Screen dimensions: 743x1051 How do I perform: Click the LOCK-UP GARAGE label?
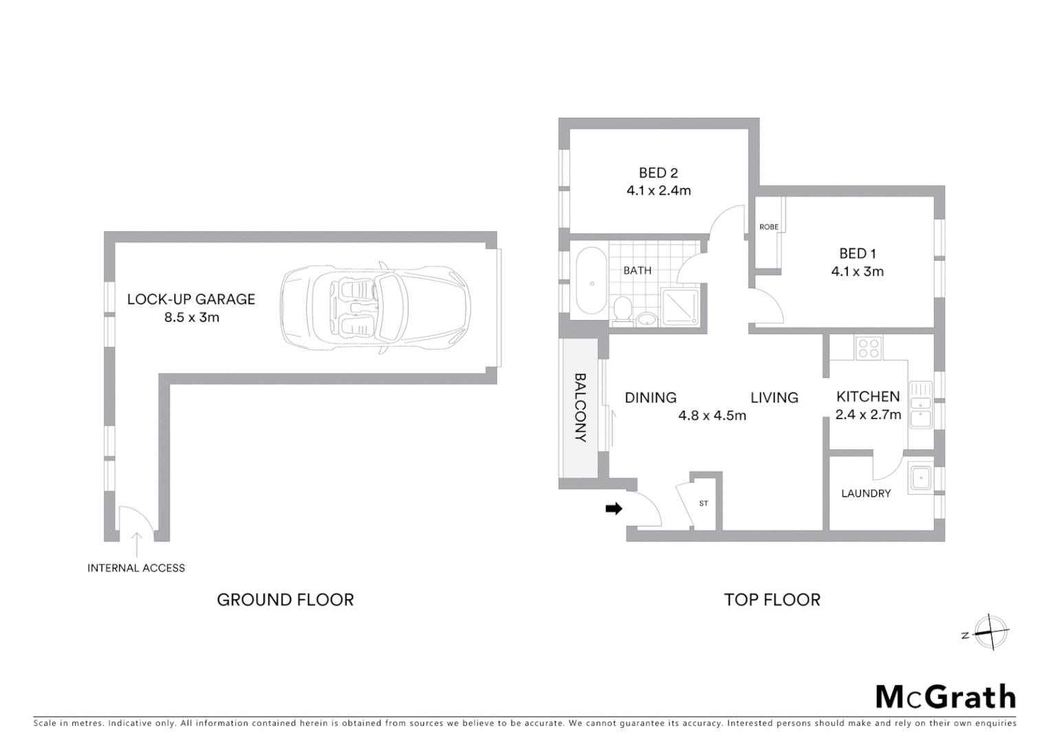(191, 299)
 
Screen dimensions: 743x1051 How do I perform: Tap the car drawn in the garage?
(376, 308)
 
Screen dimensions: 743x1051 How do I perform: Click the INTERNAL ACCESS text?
(136, 568)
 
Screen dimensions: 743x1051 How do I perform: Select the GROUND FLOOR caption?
(285, 600)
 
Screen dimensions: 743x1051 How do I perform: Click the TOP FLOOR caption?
(772, 600)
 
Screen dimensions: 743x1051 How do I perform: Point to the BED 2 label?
(658, 173)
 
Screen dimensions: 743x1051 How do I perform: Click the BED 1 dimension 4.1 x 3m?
(857, 272)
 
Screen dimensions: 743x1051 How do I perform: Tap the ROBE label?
(768, 227)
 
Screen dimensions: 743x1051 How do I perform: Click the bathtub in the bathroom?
(591, 281)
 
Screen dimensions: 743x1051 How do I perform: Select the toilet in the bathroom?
(622, 309)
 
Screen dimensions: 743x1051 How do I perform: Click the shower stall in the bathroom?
(680, 307)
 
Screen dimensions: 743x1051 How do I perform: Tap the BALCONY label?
(581, 407)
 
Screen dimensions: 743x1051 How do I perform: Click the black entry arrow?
(614, 509)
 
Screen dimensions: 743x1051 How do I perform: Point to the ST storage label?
(704, 504)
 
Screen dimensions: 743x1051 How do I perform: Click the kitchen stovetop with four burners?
(868, 347)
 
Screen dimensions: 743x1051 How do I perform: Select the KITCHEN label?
(867, 397)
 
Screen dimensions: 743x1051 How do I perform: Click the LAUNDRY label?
(865, 493)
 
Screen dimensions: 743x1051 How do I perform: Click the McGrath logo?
(945, 697)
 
